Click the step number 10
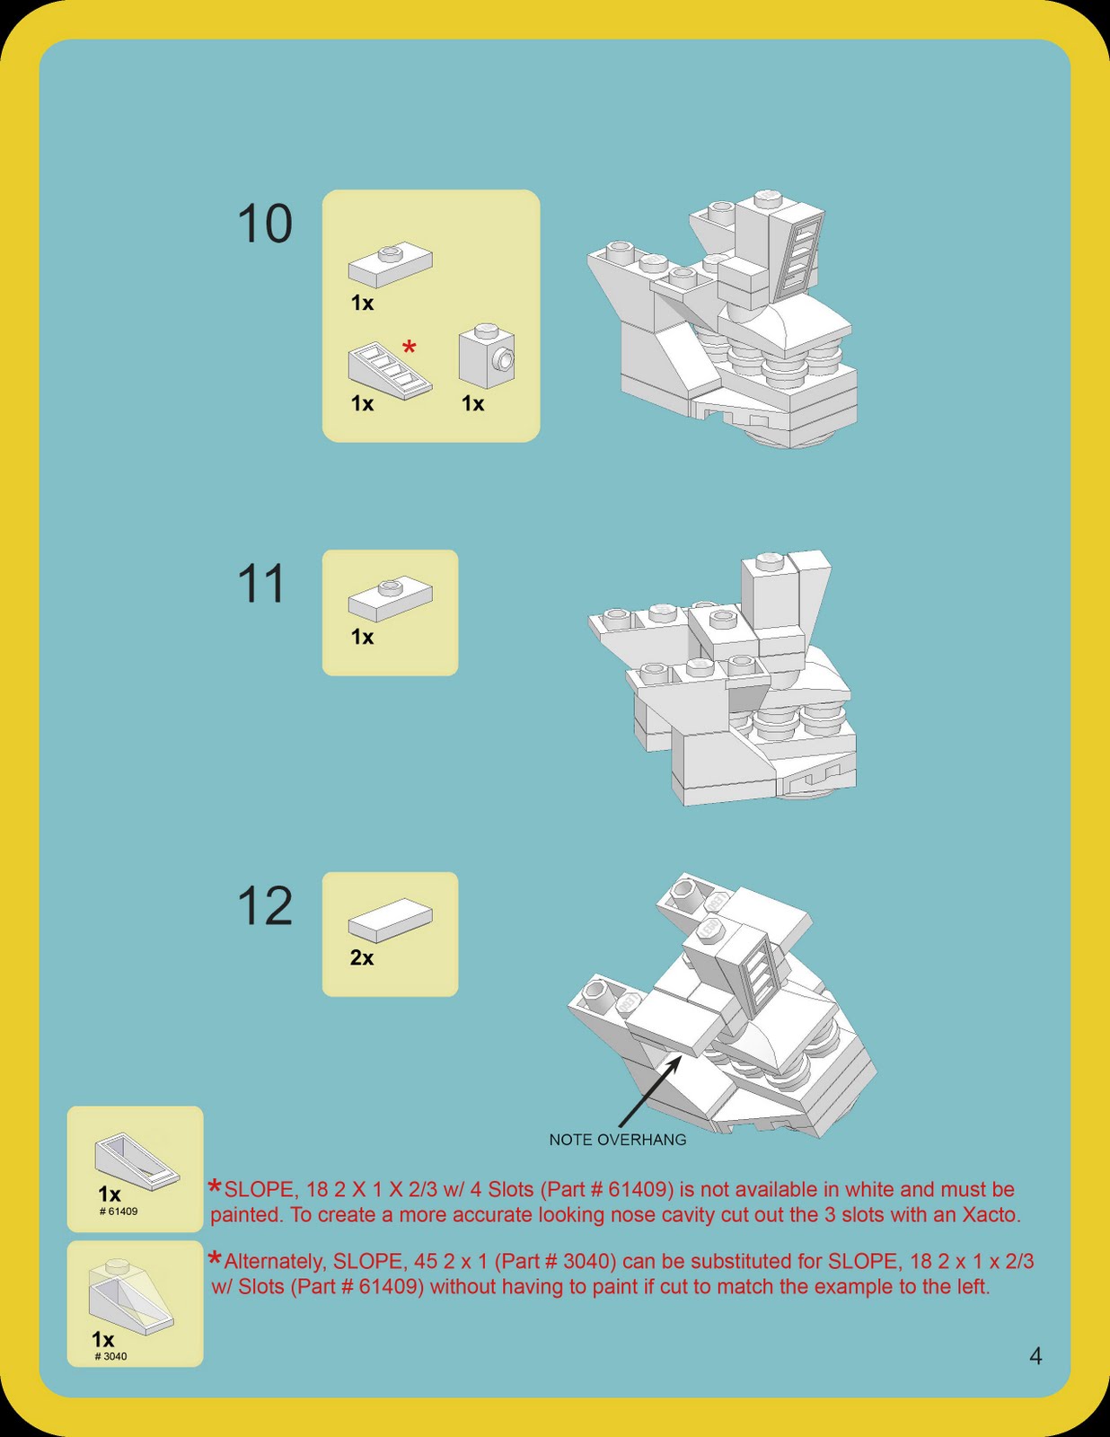pyautogui.click(x=265, y=224)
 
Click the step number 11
pyautogui.click(x=261, y=584)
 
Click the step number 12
pyautogui.click(x=265, y=906)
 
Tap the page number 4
pyautogui.click(x=1035, y=1356)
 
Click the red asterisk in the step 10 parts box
pyautogui.click(x=410, y=348)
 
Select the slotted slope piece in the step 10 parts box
pyautogui.click(x=389, y=370)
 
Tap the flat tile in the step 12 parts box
pyautogui.click(x=390, y=920)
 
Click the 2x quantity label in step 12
pyautogui.click(x=362, y=958)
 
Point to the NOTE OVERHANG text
pyautogui.click(x=618, y=1140)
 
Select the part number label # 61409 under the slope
pyautogui.click(x=119, y=1212)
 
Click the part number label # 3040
pyautogui.click(x=111, y=1356)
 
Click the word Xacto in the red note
pyautogui.click(x=991, y=1215)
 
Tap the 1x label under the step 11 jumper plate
pyautogui.click(x=362, y=638)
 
